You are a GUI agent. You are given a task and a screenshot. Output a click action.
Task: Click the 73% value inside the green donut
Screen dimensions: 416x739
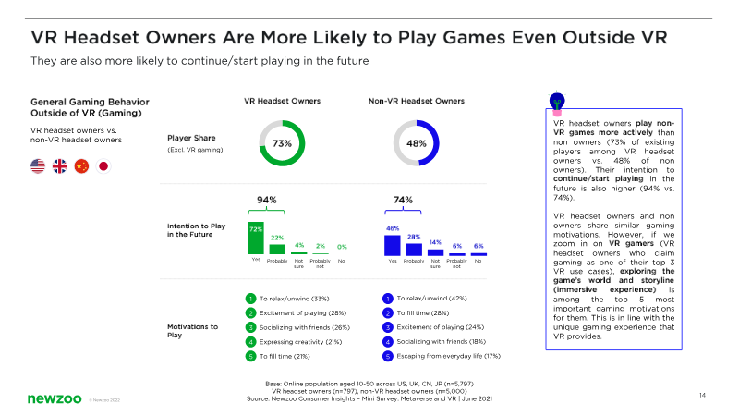[282, 143]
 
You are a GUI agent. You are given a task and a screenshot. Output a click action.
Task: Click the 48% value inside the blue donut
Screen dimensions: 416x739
[416, 143]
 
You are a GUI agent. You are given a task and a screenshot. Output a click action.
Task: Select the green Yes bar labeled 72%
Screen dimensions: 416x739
[255, 239]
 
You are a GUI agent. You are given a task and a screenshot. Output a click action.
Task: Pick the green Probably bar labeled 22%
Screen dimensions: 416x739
[277, 249]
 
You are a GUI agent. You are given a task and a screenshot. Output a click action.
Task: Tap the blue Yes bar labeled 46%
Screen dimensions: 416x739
[392, 245]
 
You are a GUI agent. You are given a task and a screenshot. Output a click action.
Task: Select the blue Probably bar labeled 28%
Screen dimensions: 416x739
[414, 249]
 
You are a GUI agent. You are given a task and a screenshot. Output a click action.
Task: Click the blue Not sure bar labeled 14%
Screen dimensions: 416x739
[435, 251]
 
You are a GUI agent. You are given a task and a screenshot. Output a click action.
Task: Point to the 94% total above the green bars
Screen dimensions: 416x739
[266, 200]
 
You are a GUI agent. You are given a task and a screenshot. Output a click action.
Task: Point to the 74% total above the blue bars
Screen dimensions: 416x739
[403, 200]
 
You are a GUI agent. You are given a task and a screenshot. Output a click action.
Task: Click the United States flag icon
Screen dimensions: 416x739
[38, 166]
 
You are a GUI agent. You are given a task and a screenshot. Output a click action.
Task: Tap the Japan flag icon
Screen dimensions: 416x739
[103, 166]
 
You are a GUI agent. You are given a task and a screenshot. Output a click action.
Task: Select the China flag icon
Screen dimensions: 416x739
[81, 166]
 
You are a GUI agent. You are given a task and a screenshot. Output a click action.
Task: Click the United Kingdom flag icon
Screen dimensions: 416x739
[60, 166]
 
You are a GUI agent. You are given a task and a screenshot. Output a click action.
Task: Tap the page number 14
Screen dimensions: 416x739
[702, 396]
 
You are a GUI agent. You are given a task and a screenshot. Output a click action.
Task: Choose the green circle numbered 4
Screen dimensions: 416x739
[250, 341]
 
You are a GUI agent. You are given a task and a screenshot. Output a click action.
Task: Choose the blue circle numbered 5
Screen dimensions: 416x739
[387, 355]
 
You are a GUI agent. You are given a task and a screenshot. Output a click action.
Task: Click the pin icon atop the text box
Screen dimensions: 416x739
[558, 99]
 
